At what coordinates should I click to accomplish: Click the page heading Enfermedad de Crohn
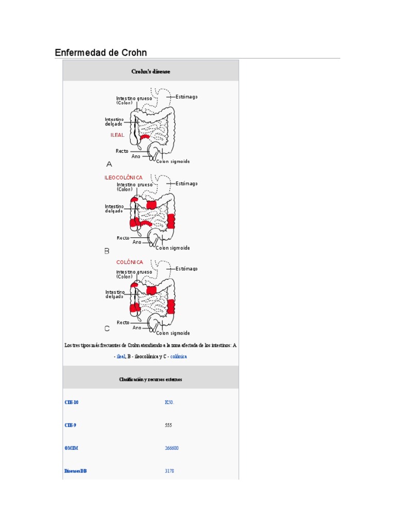(101, 52)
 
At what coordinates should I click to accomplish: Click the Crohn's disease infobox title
(151, 72)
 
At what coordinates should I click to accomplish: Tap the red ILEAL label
(117, 135)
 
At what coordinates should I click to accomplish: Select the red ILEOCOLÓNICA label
(123, 178)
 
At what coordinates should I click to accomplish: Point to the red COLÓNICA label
(130, 262)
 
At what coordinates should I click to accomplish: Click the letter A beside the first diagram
(109, 164)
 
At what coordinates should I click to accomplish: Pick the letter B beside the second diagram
(107, 251)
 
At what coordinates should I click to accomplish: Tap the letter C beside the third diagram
(107, 328)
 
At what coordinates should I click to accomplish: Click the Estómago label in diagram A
(186, 97)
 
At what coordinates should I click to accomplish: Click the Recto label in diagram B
(123, 238)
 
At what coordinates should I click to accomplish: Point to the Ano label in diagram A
(136, 156)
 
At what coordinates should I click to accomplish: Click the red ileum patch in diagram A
(145, 137)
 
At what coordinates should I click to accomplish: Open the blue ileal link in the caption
(121, 356)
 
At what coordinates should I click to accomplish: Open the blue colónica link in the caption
(178, 356)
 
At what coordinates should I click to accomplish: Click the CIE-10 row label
(71, 402)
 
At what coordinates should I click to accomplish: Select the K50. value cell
(169, 402)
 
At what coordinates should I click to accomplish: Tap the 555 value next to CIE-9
(168, 425)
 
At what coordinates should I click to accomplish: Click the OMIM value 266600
(172, 448)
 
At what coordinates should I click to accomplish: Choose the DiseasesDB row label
(76, 471)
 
